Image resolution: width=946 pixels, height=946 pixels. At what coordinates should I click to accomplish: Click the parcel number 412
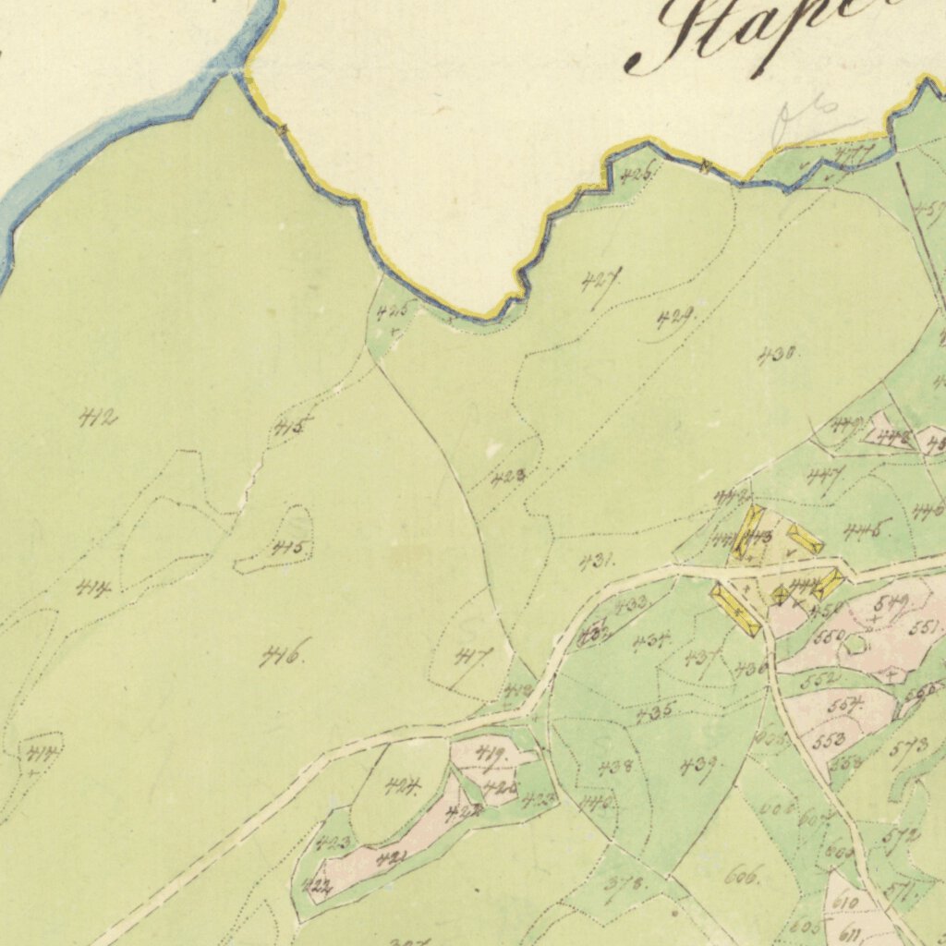(x=99, y=419)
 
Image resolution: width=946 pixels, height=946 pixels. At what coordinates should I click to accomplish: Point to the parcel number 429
(x=676, y=320)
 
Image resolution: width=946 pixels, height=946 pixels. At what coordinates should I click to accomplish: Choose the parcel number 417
(x=474, y=657)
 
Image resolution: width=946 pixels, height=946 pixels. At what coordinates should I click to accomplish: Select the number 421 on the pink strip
(x=391, y=858)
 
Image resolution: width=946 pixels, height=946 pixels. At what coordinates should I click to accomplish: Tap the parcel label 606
(x=742, y=876)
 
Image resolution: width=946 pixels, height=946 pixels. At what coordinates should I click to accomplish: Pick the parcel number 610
(x=845, y=902)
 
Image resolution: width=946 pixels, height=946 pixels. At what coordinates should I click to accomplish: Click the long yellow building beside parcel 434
(x=735, y=609)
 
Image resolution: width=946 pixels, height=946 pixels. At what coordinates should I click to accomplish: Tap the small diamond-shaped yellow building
(x=780, y=594)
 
